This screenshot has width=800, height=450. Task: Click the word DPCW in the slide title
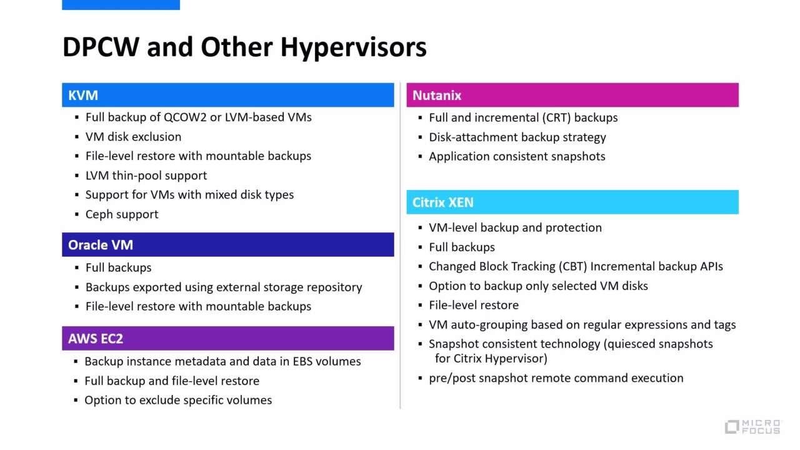(x=101, y=47)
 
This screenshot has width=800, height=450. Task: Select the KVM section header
(x=227, y=95)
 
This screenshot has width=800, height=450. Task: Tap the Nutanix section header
(x=572, y=95)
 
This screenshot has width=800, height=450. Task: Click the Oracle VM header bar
(x=227, y=245)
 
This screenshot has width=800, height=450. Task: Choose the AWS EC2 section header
(x=227, y=339)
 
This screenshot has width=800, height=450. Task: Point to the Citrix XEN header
(x=572, y=202)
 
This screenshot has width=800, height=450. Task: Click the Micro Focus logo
(x=752, y=427)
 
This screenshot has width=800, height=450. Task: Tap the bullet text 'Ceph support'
(x=122, y=214)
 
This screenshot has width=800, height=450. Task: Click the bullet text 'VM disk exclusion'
(x=133, y=137)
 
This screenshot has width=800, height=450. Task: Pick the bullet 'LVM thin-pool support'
(x=146, y=176)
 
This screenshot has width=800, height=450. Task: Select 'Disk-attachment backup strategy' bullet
(x=517, y=137)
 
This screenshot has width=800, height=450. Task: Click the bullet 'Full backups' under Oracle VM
(x=118, y=267)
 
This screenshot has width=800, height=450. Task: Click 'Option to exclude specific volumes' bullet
(x=178, y=400)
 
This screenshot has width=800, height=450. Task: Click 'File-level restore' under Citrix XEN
(x=473, y=305)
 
